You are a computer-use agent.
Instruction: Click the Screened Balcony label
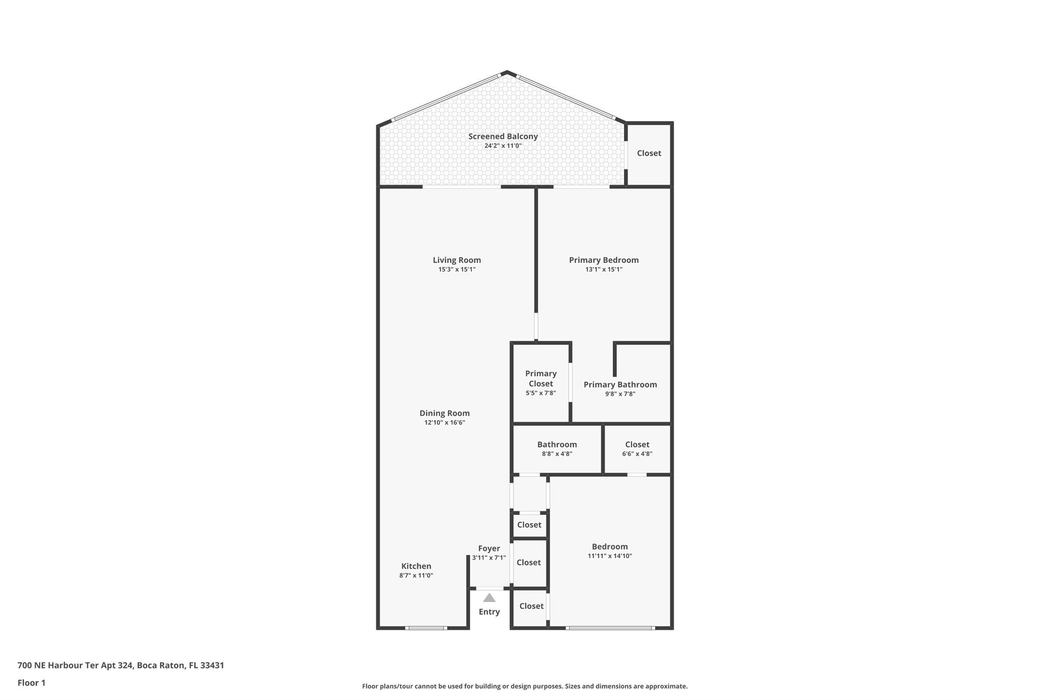pos(503,136)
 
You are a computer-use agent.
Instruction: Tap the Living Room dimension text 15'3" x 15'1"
pos(457,269)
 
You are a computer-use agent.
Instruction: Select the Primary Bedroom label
pos(604,260)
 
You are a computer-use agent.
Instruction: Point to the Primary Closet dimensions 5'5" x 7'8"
pos(541,393)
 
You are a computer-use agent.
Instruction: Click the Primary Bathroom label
pos(620,385)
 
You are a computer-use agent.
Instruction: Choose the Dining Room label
pos(445,413)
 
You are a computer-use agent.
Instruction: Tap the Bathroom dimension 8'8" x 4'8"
pos(557,454)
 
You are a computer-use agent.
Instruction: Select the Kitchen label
pos(416,566)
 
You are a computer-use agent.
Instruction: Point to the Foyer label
pos(489,549)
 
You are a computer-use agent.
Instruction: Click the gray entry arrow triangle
pos(489,597)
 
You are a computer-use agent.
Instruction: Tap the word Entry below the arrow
pos(489,612)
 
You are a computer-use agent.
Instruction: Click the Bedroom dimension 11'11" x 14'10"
pos(610,556)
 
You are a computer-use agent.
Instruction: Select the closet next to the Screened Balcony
pos(649,153)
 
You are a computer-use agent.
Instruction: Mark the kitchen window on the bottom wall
pos(426,628)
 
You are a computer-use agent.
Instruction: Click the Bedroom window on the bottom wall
pos(610,628)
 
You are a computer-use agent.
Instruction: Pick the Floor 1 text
pos(31,683)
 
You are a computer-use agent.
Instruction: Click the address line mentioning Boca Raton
pos(120,666)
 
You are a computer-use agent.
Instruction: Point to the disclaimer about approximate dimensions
pos(525,686)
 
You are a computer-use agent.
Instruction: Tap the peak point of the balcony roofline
pos(507,72)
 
